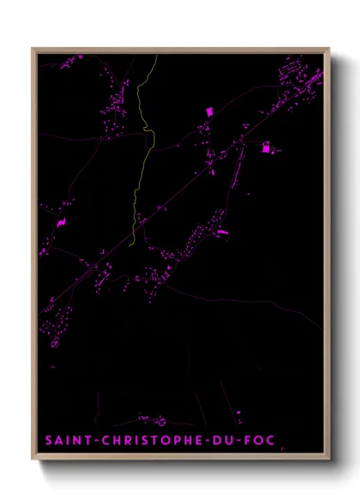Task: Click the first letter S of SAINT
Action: click(x=48, y=441)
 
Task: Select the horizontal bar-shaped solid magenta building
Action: click(x=223, y=231)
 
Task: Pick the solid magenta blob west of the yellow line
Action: click(x=61, y=222)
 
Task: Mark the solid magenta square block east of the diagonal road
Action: click(x=266, y=148)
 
